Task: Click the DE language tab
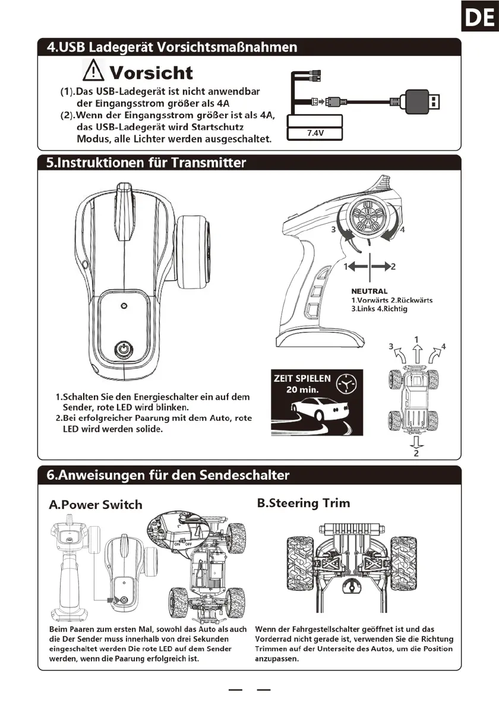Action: (479, 17)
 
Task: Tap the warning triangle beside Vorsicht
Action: (93, 72)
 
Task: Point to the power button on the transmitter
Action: (124, 349)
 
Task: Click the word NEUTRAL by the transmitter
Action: (369, 292)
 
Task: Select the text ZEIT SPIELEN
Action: (301, 378)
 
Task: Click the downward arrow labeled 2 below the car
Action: (416, 443)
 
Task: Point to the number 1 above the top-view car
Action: (417, 340)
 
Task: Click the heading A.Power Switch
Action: (96, 505)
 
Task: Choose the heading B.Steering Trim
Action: (304, 503)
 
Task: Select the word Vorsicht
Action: (151, 73)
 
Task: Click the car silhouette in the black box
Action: (318, 410)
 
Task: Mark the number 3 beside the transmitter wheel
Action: (334, 229)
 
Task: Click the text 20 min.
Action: (302, 390)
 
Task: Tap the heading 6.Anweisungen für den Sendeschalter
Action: (168, 475)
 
